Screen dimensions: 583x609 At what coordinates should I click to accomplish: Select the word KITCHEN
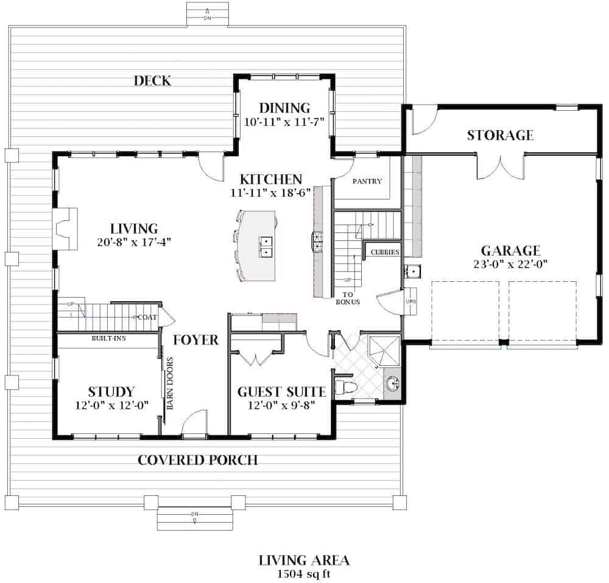coord(271,180)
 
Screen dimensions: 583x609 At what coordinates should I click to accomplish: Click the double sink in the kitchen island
coord(267,245)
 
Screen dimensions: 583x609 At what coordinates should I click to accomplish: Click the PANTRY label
coord(367,181)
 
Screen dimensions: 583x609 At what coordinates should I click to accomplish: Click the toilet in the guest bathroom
coord(348,388)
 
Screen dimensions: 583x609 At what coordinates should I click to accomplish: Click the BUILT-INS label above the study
coord(108,338)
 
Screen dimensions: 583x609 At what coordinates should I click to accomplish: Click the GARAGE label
coord(510,251)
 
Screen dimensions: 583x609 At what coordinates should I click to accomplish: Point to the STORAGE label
coord(500,135)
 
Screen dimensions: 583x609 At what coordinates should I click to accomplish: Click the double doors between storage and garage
coord(500,166)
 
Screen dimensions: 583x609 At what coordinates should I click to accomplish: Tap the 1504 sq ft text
coord(303,573)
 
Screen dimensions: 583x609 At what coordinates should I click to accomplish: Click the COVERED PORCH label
coord(197,460)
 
